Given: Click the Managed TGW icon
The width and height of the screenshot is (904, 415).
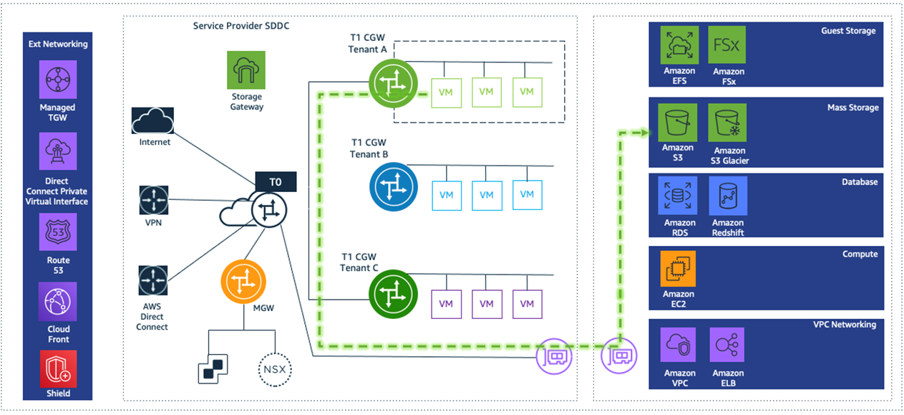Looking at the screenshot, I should click(x=57, y=80).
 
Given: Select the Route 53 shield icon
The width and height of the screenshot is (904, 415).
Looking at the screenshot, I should click(x=57, y=234).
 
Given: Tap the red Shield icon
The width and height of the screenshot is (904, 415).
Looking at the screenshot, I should click(x=57, y=370).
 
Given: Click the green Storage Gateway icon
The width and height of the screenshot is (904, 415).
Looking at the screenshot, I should click(x=246, y=70).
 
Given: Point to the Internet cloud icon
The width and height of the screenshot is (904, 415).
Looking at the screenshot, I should click(x=153, y=120).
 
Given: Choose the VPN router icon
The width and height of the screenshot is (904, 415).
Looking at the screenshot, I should click(x=153, y=200).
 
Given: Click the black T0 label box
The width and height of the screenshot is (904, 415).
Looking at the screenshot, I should click(x=275, y=183).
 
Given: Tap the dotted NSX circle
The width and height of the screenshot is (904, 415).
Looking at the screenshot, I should click(x=275, y=370).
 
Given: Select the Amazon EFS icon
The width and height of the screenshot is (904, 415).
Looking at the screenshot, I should click(x=679, y=46).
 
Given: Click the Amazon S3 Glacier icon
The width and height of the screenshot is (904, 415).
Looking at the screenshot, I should click(x=728, y=123).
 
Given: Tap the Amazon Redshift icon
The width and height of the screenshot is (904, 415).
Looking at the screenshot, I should click(x=728, y=196).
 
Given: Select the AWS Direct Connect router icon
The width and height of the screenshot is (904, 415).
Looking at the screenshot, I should click(x=153, y=280).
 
